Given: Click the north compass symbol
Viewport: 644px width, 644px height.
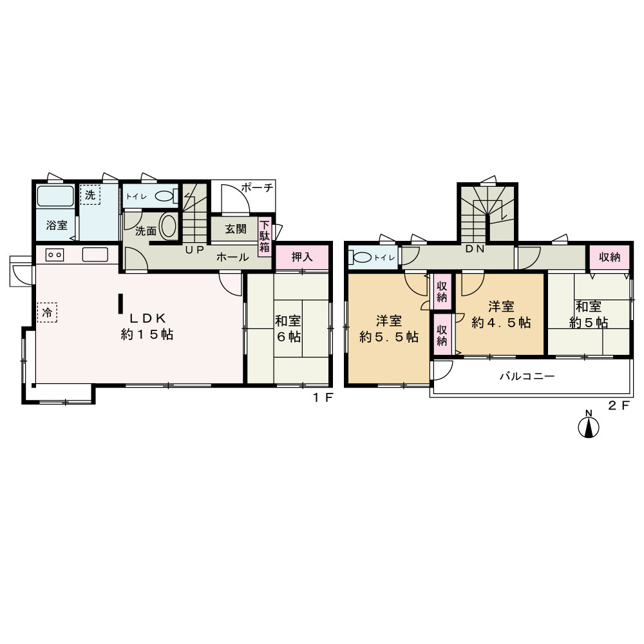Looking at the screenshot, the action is click(588, 424).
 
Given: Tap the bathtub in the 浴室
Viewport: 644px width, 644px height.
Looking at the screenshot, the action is click(55, 196).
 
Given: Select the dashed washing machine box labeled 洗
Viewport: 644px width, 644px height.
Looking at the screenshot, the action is click(90, 194).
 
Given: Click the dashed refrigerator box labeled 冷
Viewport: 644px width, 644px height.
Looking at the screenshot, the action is click(47, 312).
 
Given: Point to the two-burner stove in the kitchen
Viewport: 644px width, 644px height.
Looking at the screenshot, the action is click(55, 255).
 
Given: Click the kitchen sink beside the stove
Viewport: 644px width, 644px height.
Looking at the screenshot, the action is click(95, 254).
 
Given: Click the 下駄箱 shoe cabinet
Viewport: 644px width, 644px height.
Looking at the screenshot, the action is click(265, 237).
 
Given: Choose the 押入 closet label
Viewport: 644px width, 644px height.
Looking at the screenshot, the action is click(302, 257).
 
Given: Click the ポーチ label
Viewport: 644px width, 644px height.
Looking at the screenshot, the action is click(258, 188).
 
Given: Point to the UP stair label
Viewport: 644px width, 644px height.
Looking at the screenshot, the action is click(194, 250).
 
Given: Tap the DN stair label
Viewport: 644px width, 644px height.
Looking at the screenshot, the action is click(475, 249).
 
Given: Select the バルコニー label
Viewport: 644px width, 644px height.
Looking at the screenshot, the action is click(527, 376).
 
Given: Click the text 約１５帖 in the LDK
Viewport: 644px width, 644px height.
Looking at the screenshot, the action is click(147, 335).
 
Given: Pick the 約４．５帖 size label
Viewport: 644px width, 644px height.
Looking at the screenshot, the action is click(501, 323).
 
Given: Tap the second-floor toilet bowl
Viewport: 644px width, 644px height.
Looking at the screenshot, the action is click(361, 258).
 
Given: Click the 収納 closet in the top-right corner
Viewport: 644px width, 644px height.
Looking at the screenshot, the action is click(609, 257).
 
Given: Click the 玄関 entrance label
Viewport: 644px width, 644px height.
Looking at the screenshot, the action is click(236, 229).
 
